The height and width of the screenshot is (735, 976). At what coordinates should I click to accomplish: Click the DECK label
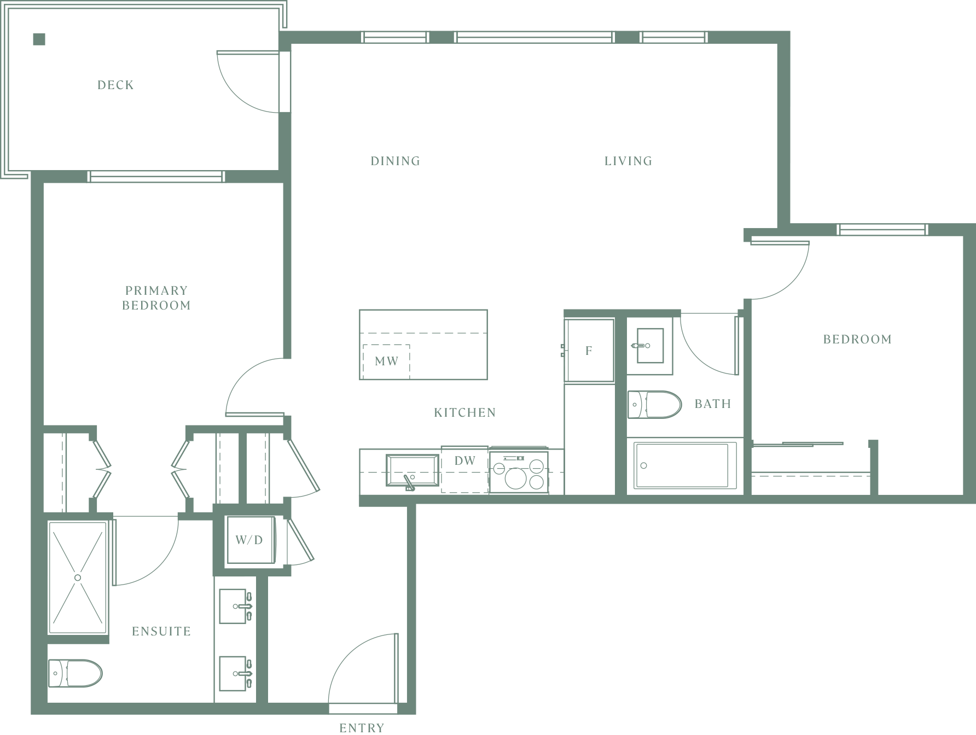[115, 85]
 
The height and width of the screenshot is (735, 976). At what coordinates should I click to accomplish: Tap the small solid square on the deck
[39, 39]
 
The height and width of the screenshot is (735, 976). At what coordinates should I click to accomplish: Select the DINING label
[396, 161]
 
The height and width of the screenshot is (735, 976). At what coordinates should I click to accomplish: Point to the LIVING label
[628, 161]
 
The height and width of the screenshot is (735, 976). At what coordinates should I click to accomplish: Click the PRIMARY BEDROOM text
[156, 298]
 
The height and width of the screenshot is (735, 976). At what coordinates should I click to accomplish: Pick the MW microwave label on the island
[386, 361]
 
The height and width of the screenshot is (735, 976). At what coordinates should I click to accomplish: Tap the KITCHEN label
[465, 412]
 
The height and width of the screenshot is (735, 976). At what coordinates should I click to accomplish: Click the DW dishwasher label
[465, 460]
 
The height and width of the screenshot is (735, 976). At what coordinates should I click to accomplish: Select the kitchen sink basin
[413, 470]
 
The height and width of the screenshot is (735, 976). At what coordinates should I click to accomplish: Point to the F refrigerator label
[589, 351]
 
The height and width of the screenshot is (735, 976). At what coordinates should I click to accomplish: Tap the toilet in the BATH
[654, 405]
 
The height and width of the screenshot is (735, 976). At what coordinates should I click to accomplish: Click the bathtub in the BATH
[682, 465]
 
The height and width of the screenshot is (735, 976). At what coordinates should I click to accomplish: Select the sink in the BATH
[650, 346]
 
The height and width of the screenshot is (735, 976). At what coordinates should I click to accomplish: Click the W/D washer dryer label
[249, 540]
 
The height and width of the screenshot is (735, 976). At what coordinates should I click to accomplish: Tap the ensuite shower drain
[78, 577]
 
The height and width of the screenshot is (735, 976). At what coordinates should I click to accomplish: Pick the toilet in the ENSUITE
[75, 673]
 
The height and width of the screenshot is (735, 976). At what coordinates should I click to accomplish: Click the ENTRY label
[362, 728]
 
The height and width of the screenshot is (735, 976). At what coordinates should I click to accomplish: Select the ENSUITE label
[161, 631]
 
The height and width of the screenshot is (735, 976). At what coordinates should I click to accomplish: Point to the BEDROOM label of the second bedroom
[857, 339]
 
